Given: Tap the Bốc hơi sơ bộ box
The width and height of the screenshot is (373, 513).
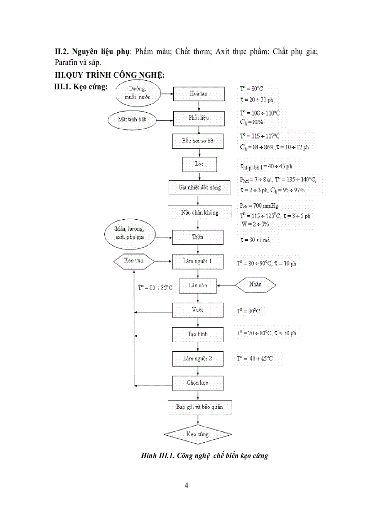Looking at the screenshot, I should point(198,141).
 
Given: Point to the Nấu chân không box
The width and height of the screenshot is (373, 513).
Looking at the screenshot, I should point(198,212).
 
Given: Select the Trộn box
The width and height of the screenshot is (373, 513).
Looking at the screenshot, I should point(198,238).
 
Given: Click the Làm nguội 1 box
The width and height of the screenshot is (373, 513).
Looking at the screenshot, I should point(198,262).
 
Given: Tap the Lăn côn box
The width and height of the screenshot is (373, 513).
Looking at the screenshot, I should point(198,286).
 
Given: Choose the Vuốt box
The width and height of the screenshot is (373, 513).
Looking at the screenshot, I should point(198,311).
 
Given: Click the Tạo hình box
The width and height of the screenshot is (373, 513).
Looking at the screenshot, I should point(198,334).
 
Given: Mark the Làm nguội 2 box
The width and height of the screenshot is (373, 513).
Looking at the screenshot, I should point(198,359).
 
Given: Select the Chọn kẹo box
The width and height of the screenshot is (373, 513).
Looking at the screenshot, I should point(198,383).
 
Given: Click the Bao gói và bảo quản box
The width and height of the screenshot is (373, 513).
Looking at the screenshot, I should point(198,407).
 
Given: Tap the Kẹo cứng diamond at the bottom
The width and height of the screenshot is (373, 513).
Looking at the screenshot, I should point(198,434).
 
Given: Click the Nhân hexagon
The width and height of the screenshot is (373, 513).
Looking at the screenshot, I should point(256,285).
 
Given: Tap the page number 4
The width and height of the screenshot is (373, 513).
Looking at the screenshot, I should point(186,485).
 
